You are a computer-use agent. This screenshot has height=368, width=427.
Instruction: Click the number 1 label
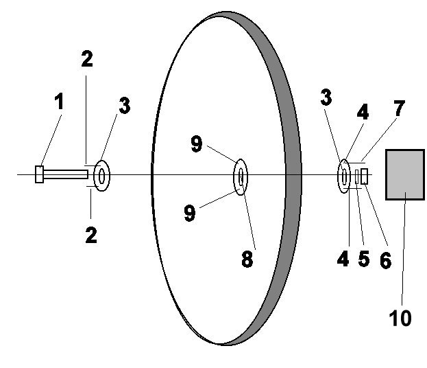point(59,101)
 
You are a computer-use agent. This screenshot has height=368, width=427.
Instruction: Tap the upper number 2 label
point(87,58)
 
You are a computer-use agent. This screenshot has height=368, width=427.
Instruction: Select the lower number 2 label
point(91,235)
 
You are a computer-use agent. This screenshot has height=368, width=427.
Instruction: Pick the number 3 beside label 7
point(326,97)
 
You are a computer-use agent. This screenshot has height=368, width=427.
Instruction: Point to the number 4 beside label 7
point(363,112)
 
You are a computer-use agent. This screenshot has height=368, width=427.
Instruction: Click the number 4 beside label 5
point(343,258)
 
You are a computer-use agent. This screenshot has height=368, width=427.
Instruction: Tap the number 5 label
point(364,258)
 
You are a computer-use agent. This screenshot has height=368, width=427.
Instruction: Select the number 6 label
point(386,260)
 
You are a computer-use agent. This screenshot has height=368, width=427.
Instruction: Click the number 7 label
point(399,108)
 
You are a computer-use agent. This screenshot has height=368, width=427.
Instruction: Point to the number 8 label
point(247,259)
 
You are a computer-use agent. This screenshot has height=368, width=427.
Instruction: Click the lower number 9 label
point(190,213)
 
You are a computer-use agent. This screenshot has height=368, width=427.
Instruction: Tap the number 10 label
point(400,318)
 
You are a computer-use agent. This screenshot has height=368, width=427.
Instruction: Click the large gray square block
point(405,174)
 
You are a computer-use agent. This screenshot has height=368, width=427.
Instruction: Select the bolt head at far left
point(40,174)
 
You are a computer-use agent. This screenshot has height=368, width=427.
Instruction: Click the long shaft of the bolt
point(66,174)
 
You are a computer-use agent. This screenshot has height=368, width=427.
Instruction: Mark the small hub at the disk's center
point(241,177)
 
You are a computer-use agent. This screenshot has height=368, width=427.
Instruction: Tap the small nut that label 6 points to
point(365,176)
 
